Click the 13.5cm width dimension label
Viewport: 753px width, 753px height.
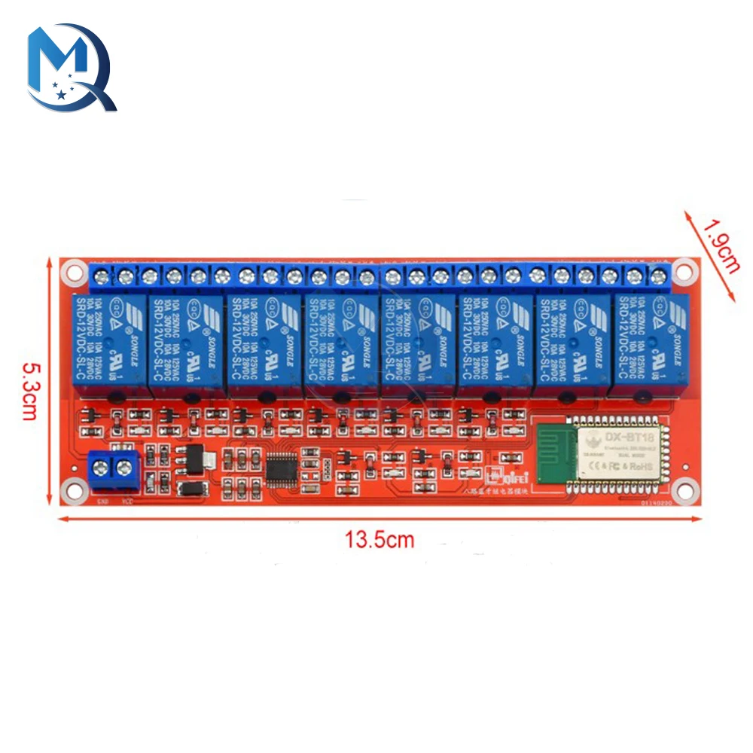click(x=380, y=540)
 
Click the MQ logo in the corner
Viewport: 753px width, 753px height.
click(x=72, y=68)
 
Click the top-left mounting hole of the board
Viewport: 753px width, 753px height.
click(x=72, y=268)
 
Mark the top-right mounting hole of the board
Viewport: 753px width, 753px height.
click(x=684, y=268)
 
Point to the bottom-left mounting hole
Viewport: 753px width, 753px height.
click(x=72, y=491)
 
